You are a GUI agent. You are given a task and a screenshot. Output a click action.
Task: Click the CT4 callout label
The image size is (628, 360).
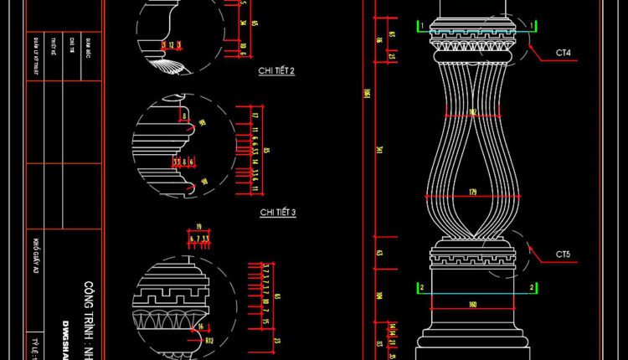(563, 53)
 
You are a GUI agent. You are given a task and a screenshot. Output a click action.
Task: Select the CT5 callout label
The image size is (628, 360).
(563, 254)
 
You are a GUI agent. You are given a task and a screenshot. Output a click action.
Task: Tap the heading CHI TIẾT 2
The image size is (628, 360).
(277, 72)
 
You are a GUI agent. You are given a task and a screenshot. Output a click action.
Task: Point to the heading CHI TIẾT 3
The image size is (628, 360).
(277, 213)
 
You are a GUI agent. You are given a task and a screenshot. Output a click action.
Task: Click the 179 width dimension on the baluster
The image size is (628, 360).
(473, 192)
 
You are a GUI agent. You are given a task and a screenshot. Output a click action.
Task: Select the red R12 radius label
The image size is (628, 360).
(210, 342)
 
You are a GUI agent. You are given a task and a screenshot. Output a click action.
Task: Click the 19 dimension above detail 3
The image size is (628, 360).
(198, 227)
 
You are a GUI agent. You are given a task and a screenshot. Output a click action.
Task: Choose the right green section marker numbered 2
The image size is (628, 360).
(532, 288)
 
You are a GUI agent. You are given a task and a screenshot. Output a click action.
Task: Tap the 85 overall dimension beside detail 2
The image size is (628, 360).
(266, 151)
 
